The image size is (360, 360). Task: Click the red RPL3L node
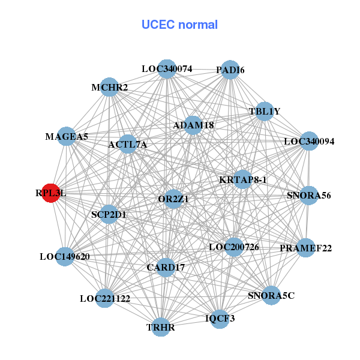click(x=50, y=193)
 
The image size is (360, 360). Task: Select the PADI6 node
click(x=230, y=70)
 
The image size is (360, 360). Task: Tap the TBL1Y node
click(x=265, y=112)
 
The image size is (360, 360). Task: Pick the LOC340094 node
click(x=308, y=142)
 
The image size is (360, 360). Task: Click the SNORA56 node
click(x=308, y=196)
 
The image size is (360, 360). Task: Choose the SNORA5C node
click(x=271, y=295)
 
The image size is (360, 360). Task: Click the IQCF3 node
click(x=220, y=318)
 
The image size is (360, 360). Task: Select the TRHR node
click(x=161, y=327)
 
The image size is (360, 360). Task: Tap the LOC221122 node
click(x=105, y=298)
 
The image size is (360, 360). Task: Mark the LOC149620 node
click(x=65, y=257)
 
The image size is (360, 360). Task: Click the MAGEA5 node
click(x=67, y=137)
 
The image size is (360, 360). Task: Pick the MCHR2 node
click(x=109, y=88)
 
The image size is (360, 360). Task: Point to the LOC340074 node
click(x=167, y=69)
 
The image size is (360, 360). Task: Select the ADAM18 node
click(x=193, y=125)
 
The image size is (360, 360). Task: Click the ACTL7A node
click(x=128, y=145)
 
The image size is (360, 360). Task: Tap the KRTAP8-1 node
click(x=243, y=179)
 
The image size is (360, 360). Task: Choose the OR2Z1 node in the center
click(x=173, y=199)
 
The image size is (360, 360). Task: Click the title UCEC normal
click(x=179, y=25)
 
